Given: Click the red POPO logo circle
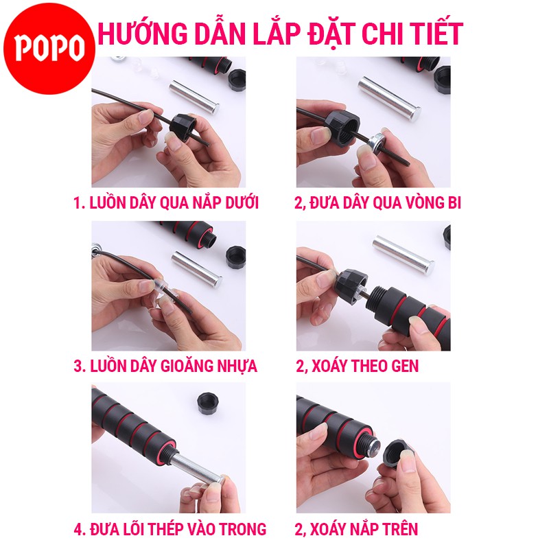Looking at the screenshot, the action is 49,48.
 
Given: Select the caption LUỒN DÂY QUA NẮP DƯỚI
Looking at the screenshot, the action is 166,202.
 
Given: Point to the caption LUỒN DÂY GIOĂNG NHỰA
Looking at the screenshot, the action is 165,366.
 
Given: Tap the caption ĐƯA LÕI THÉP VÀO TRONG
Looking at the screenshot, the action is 170,529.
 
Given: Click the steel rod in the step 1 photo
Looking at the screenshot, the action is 194,97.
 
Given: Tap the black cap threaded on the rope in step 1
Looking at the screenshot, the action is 183,127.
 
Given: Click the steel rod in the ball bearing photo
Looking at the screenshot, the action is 389,99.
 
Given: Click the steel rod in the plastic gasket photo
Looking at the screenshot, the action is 196,269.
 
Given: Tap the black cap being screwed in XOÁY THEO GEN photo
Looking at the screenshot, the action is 351,285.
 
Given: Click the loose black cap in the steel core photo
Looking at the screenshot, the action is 207,404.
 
